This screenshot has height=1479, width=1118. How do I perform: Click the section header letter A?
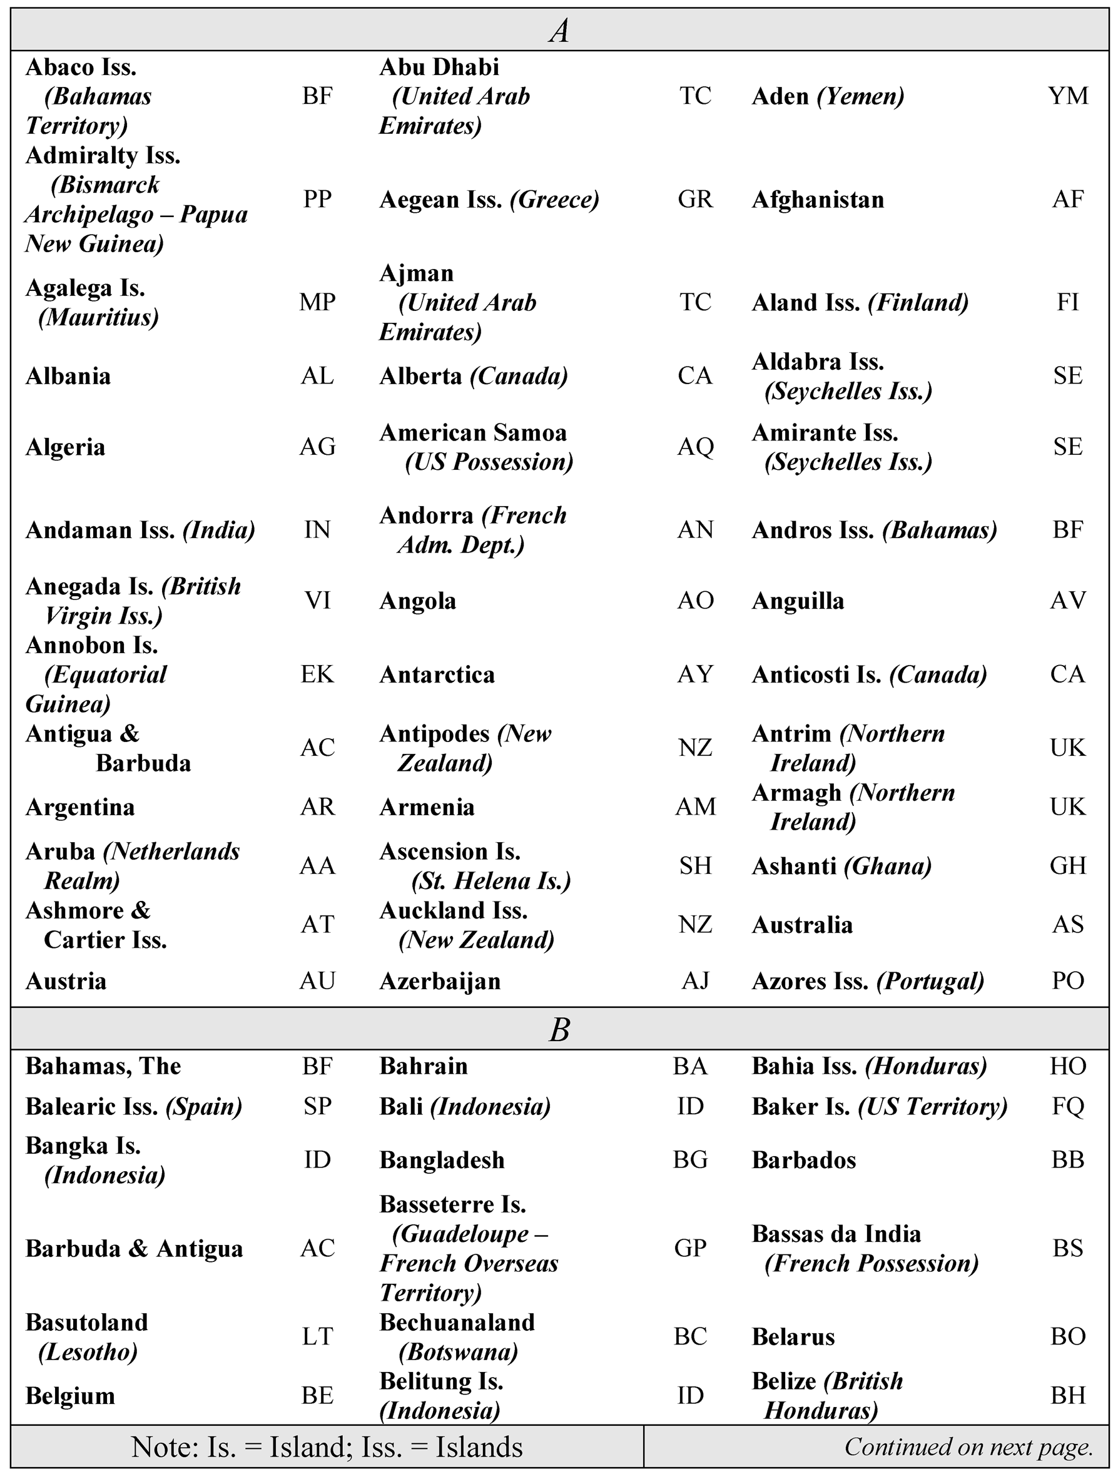559,31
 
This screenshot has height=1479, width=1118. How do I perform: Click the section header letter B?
559,1030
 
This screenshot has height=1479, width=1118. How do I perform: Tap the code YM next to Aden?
1068,96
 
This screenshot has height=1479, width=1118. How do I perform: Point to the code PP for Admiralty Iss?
317,199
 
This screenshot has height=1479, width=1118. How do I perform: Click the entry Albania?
68,377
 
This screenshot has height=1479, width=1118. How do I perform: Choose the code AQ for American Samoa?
696,447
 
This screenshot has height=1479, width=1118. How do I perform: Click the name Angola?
418,601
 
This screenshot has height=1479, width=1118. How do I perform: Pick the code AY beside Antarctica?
696,674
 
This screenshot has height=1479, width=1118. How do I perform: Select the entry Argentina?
80,808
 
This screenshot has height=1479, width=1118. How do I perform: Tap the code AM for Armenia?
696,807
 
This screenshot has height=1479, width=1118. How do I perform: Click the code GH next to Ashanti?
1068,866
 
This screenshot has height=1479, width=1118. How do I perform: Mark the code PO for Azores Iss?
1068,981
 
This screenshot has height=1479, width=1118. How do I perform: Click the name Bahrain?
424,1067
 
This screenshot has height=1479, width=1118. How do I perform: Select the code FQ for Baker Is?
1068,1107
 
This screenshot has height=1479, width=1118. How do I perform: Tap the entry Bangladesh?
442,1160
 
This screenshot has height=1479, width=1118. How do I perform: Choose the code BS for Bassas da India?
1068,1248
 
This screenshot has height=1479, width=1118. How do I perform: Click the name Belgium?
70,1396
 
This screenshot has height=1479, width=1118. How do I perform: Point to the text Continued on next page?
968,1447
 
